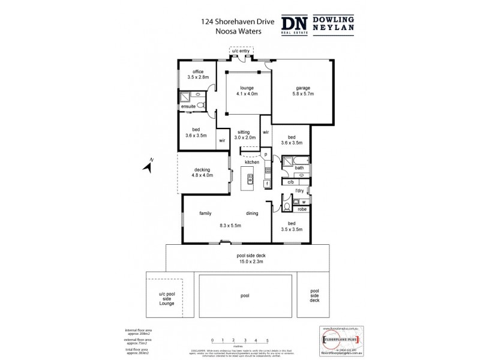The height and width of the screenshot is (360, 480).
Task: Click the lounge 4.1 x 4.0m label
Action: click(247, 91)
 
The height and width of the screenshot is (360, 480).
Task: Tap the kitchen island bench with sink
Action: click(250, 178)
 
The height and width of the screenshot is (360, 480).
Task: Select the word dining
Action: click(252, 214)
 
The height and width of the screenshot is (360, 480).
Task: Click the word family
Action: click(208, 214)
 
